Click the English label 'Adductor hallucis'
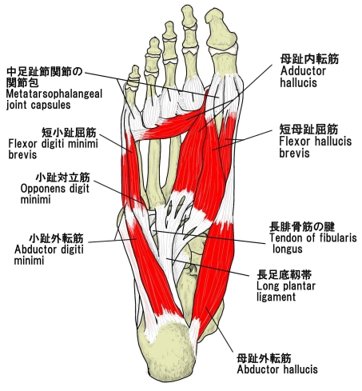303,77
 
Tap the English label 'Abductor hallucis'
277,369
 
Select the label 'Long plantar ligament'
286,291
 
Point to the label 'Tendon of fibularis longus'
312,243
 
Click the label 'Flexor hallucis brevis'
315,147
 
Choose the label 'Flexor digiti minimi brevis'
53,149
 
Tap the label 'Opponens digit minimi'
54,194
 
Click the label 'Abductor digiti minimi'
49,255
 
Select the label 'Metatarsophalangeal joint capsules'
54,99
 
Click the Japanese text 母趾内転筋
309,59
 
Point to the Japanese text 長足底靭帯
284,274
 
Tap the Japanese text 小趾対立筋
63,178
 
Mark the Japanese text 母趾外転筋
264,358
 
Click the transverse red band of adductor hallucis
170,127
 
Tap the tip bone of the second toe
189,15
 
